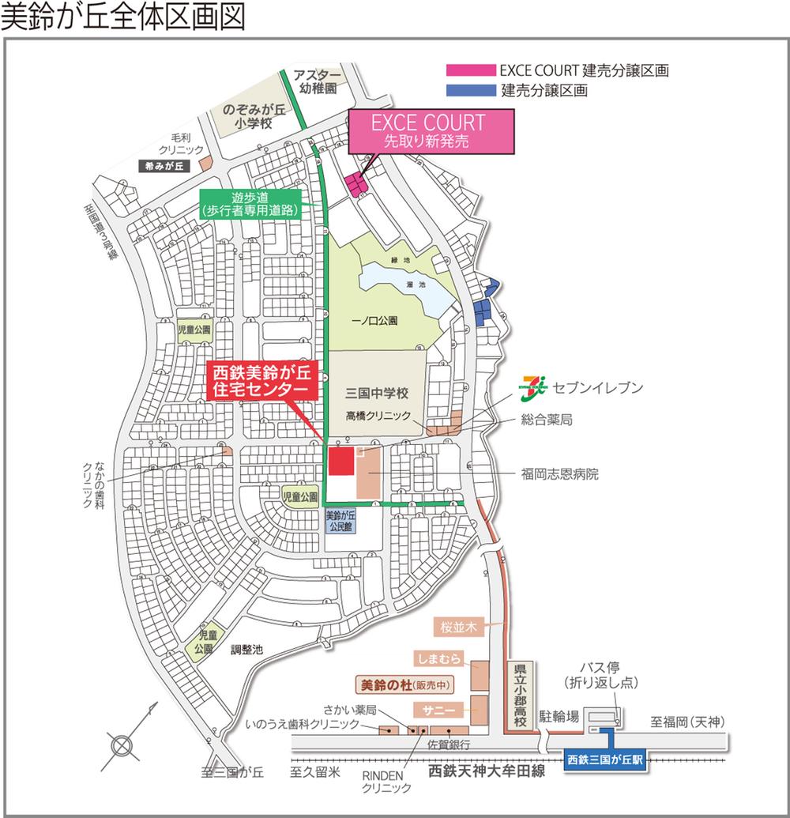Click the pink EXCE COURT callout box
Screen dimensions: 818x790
point(431,132)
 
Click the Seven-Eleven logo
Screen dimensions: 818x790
point(535,387)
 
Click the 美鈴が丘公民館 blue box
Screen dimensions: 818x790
point(342,522)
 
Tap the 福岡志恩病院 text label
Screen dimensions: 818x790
point(559,475)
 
